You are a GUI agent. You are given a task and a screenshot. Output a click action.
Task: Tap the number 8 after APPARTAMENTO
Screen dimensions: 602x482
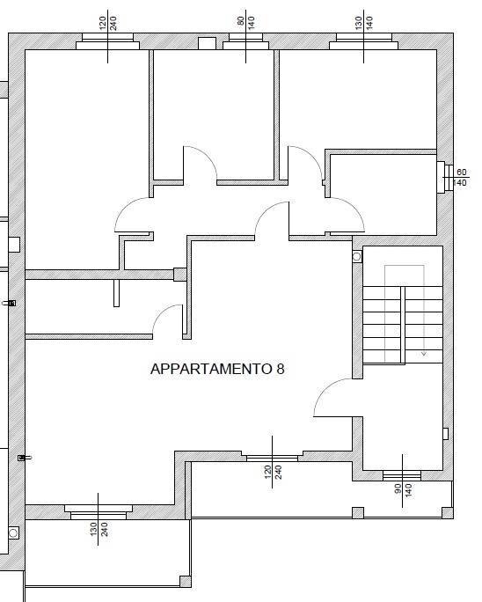tap(281, 370)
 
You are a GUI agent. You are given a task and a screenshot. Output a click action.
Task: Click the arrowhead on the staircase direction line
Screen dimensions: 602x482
tap(425, 353)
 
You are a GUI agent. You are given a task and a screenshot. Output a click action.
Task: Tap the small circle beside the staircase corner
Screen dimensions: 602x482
tap(357, 257)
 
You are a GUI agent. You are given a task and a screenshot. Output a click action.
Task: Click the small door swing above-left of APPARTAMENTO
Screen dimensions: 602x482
tap(167, 320)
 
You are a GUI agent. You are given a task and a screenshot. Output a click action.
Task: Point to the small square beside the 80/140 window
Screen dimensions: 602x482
tap(207, 43)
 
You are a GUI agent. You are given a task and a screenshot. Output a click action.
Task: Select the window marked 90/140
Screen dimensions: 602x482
tap(402, 476)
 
